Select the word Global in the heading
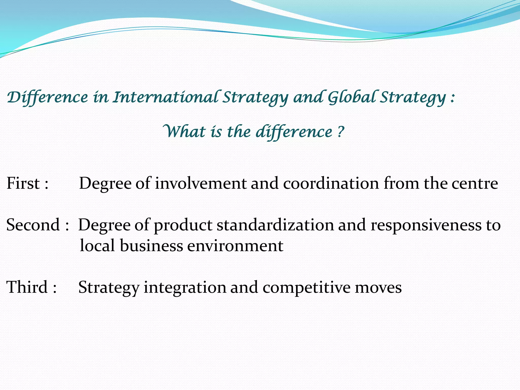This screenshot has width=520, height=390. coord(352,97)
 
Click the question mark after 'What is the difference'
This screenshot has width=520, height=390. coord(340,132)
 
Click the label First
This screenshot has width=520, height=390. coord(23,183)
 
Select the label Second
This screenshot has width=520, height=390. coord(33,225)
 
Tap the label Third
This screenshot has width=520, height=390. coord(27,287)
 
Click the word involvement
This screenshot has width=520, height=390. coord(201,183)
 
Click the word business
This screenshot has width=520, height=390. coord(151,246)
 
